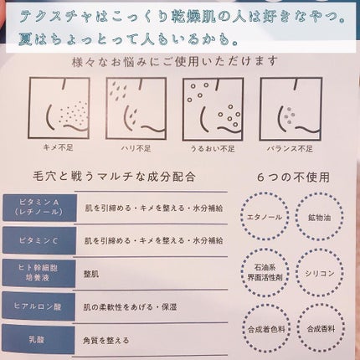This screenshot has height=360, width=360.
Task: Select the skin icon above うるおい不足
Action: pos(213,107)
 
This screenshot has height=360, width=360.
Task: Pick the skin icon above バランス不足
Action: pos(290,107)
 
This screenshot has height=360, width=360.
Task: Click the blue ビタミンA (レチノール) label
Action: pos(37,208)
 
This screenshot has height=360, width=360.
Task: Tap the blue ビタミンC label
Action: pos(37,241)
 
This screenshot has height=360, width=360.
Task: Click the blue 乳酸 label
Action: pos(37,341)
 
